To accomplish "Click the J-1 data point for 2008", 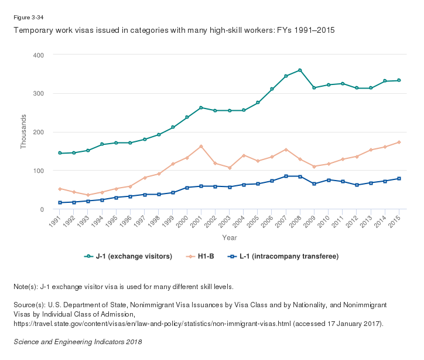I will point(300,70).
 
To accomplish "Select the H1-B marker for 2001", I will point(201,146).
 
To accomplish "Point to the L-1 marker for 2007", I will point(286,176).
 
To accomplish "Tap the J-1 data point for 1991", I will point(60,153).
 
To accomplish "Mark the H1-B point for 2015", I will point(399,142).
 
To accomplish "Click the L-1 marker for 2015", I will point(399,178).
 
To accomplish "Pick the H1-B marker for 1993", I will point(88,195).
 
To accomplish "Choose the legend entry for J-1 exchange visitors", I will point(128,256).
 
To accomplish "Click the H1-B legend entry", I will point(203,256).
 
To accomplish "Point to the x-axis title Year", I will point(229,237).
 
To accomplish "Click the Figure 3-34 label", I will point(28,18).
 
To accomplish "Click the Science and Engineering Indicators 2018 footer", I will point(77,341).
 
